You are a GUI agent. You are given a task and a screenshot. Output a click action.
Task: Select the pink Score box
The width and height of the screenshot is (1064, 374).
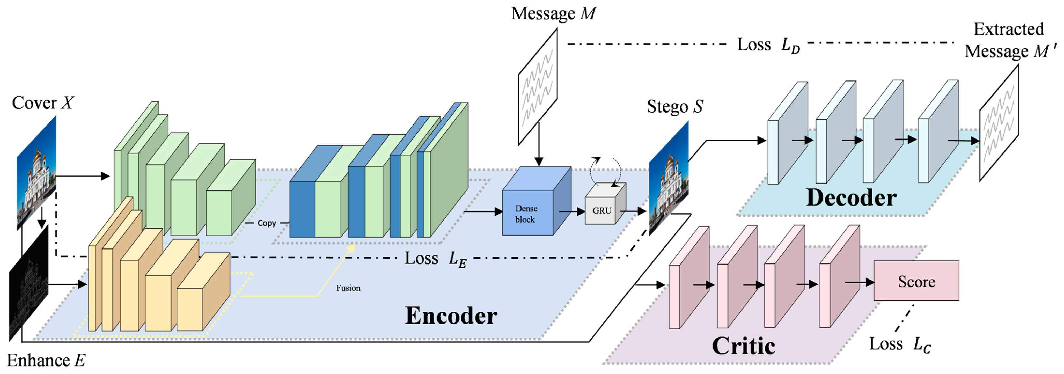pos(916,281)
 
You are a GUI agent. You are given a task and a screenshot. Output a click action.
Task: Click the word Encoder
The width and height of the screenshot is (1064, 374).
pos(451,316)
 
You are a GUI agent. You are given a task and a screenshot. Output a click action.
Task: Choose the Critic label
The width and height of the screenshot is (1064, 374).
pos(744,346)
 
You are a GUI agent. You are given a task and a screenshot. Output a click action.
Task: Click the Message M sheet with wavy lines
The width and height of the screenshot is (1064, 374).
pos(538,87)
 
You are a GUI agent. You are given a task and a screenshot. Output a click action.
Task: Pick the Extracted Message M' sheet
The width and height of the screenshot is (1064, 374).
pos(999,123)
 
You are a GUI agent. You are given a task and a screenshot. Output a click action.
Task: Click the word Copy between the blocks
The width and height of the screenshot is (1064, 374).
pos(266,223)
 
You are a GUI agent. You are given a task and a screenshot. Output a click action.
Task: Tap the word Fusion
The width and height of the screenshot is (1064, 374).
pos(348,288)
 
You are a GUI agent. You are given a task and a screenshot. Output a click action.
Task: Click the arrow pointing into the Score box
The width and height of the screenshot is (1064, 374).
pos(859,283)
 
